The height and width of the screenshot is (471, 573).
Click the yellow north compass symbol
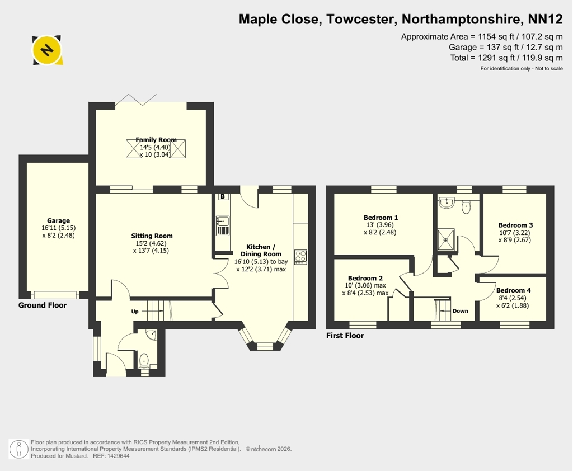[47, 50]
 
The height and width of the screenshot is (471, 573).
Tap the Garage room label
[58, 221]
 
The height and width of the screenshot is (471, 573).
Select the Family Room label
[156, 140]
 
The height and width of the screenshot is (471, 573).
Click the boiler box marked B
[223, 196]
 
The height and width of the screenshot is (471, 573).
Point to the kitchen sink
[223, 226]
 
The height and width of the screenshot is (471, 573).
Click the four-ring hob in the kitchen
[300, 257]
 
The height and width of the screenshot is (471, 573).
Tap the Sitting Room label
[152, 236]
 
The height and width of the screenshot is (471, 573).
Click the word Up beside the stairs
[135, 312]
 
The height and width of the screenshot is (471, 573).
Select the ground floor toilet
[144, 360]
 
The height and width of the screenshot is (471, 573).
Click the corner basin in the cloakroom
[151, 335]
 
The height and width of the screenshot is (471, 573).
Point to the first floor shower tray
[446, 240]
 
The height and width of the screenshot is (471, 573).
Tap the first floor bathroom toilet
[466, 207]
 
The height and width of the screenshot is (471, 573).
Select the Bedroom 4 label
[514, 290]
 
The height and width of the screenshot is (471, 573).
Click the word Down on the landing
[461, 311]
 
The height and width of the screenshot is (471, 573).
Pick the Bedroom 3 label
[515, 225]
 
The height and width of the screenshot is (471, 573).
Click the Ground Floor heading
[43, 305]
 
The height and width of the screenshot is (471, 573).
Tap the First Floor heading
[345, 336]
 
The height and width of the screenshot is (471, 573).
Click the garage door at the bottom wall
[55, 295]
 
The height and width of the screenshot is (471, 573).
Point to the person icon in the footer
[18, 449]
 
